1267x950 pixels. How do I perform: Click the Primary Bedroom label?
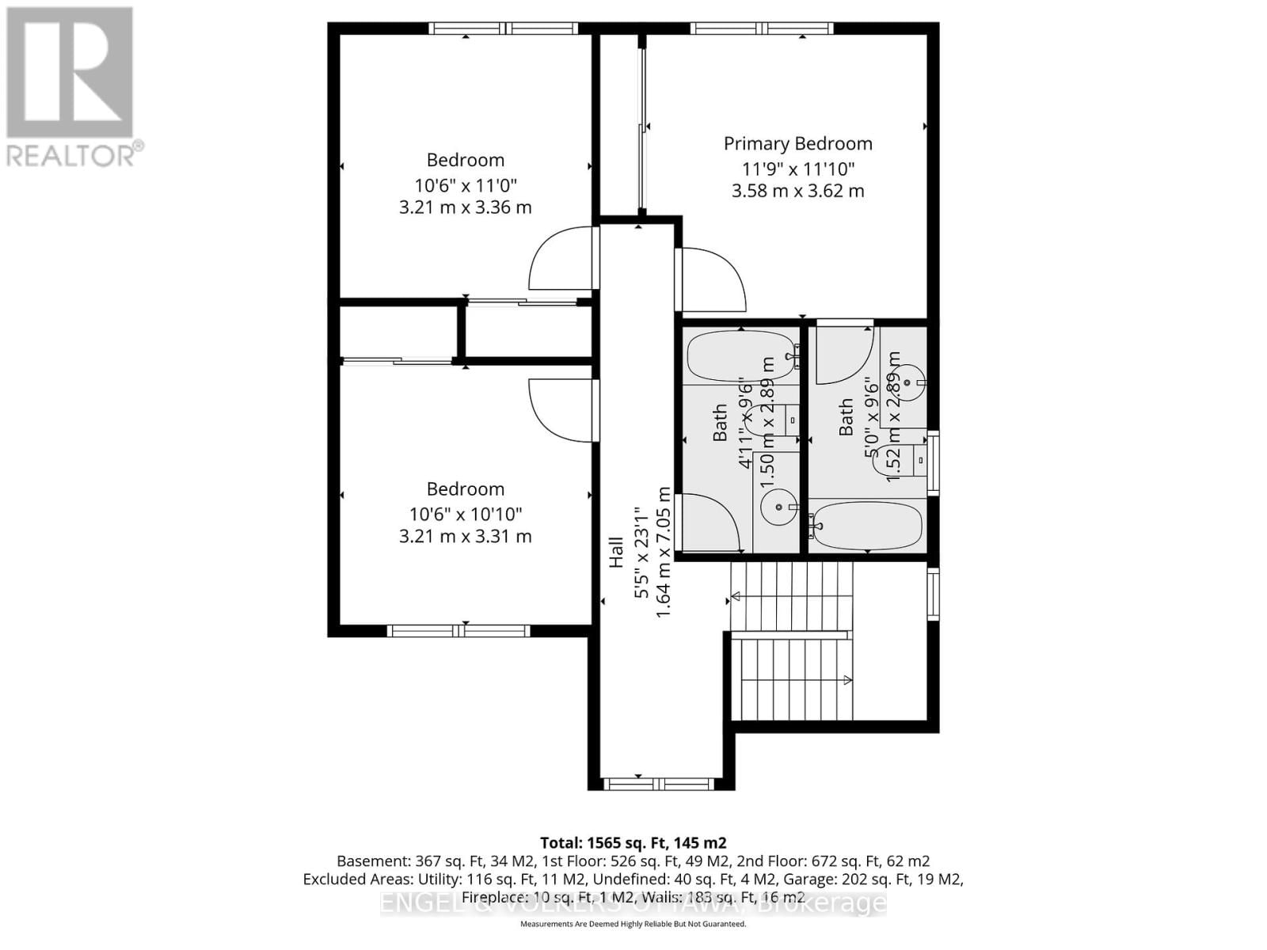click(x=797, y=143)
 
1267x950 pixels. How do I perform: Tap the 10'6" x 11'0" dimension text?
click(x=465, y=185)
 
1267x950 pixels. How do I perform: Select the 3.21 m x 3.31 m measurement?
click(x=465, y=536)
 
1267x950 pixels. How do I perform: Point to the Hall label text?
click(x=616, y=552)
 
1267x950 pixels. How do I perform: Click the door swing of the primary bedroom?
click(x=711, y=279)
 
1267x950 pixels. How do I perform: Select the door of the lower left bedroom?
click(x=561, y=410)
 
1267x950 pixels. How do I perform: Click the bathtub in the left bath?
click(x=740, y=357)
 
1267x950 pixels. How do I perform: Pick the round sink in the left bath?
click(x=778, y=507)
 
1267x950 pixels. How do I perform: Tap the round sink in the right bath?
click(x=910, y=381)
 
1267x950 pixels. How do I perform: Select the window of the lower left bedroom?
click(x=458, y=630)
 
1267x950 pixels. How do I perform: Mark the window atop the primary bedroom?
click(x=761, y=28)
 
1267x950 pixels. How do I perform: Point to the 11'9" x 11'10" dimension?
click(x=797, y=169)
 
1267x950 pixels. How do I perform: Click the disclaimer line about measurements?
click(x=633, y=924)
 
